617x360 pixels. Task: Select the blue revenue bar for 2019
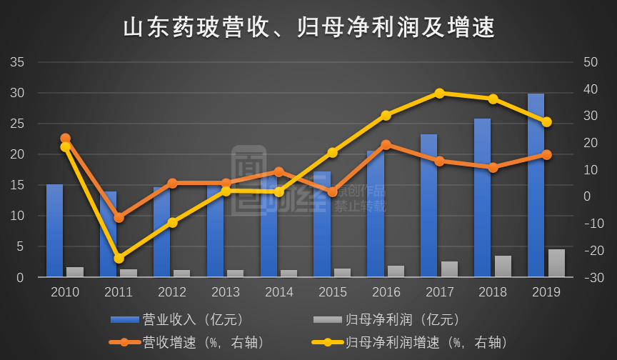tap(536, 186)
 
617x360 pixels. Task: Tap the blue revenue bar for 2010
tap(54, 230)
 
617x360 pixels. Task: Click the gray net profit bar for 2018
tap(503, 266)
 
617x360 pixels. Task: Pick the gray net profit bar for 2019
tap(556, 262)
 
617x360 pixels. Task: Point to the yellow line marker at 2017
tap(439, 94)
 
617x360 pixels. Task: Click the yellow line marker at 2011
tap(119, 258)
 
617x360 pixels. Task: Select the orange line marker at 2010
tap(65, 139)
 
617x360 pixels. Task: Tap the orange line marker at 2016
tap(386, 144)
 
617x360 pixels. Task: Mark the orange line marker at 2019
tap(546, 154)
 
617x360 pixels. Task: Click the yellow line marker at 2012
tap(172, 223)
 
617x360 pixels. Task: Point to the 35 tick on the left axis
tap(18, 63)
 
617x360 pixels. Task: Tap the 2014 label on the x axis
tap(279, 292)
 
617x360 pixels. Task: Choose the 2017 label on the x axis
tap(439, 292)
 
